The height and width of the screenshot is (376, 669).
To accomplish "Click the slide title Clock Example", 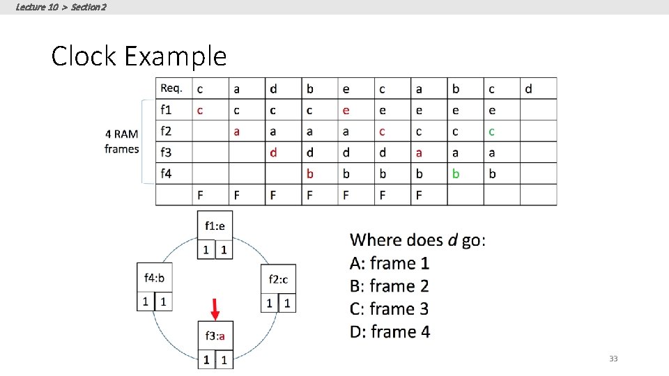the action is (139, 56).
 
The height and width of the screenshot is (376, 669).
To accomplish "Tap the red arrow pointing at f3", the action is (215, 308).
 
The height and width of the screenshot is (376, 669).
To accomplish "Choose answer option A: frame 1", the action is (390, 263).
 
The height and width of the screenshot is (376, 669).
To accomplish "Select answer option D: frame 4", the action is (390, 331).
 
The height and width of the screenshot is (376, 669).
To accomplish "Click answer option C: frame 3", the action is (390, 308).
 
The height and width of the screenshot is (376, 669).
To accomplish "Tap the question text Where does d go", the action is (418, 240).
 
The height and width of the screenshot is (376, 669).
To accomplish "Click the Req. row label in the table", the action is (171, 88).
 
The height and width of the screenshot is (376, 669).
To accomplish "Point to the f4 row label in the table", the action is (167, 173).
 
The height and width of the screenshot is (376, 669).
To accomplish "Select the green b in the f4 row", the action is (456, 173).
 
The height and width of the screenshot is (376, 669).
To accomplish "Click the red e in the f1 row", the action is (346, 110).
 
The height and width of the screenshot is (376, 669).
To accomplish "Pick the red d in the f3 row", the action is (273, 152).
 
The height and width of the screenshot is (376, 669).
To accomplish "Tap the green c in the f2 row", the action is (492, 131).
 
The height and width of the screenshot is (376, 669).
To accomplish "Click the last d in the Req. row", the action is (528, 88).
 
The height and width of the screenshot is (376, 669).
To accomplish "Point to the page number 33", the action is (613, 359).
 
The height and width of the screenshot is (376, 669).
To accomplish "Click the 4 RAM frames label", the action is (122, 141).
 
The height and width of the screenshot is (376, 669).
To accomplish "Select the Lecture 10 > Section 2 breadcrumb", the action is (61, 7).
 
